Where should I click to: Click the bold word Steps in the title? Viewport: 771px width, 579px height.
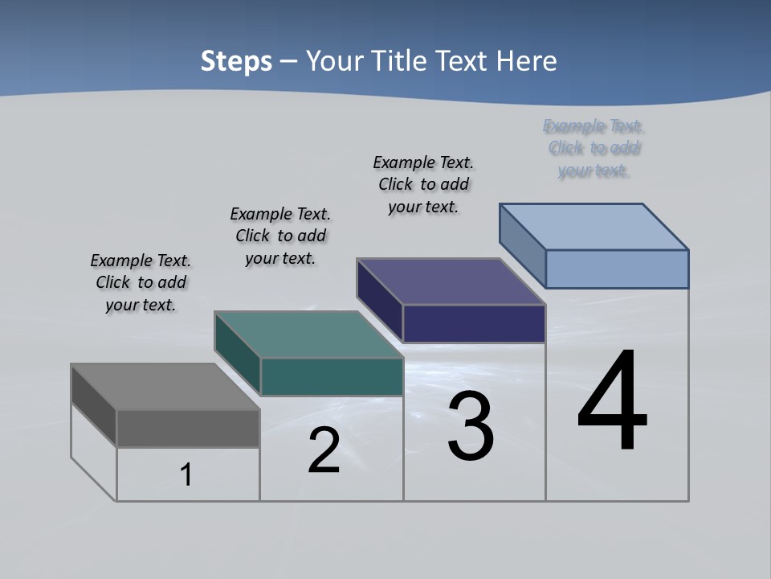(236, 61)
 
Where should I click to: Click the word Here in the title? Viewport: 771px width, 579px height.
(527, 61)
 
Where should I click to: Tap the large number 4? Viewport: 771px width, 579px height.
(613, 402)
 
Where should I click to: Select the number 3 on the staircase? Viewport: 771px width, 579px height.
(471, 427)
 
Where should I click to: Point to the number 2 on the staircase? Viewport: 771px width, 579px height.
(324, 451)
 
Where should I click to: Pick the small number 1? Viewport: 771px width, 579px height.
(186, 475)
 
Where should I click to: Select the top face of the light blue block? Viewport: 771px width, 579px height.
(594, 227)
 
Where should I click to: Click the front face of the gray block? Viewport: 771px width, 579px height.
(188, 429)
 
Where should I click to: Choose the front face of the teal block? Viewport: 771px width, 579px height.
(332, 377)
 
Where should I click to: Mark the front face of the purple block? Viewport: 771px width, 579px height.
(474, 324)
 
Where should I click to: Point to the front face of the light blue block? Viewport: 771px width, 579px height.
(617, 269)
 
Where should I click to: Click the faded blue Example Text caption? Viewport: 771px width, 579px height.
(594, 148)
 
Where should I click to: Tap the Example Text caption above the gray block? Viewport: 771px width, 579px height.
(141, 282)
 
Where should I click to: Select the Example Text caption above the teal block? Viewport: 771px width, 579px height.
(280, 236)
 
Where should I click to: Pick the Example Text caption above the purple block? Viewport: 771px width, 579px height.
(423, 184)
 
